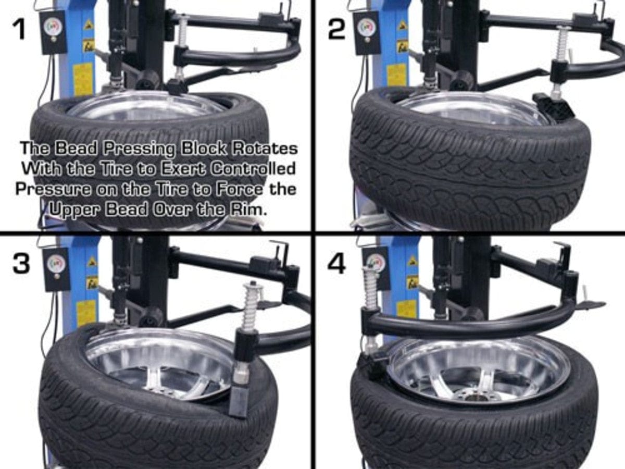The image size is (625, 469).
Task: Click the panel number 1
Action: pos(20,29)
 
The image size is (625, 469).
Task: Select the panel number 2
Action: pos(336,29)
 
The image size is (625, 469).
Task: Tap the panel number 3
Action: pos(21,264)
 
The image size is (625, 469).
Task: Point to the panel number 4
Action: pos(336,264)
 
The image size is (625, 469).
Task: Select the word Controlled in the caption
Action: pos(253,169)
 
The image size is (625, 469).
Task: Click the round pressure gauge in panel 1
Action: pos(53,27)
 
